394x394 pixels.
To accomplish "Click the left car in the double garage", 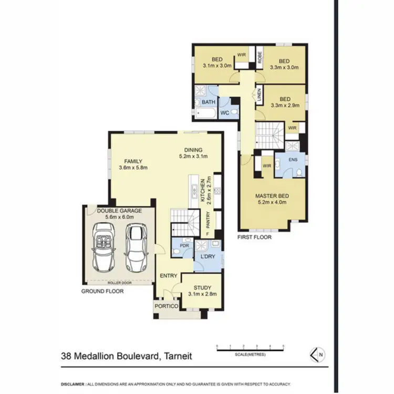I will pyautogui.click(x=103, y=245).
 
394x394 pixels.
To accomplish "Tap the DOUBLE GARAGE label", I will pyautogui.click(x=119, y=211).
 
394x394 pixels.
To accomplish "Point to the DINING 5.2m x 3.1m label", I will pyautogui.click(x=193, y=152).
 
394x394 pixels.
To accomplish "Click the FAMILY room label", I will pyautogui.click(x=133, y=164).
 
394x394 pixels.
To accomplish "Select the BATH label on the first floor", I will pyautogui.click(x=209, y=102).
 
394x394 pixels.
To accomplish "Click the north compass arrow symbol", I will pyautogui.click(x=317, y=355).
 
